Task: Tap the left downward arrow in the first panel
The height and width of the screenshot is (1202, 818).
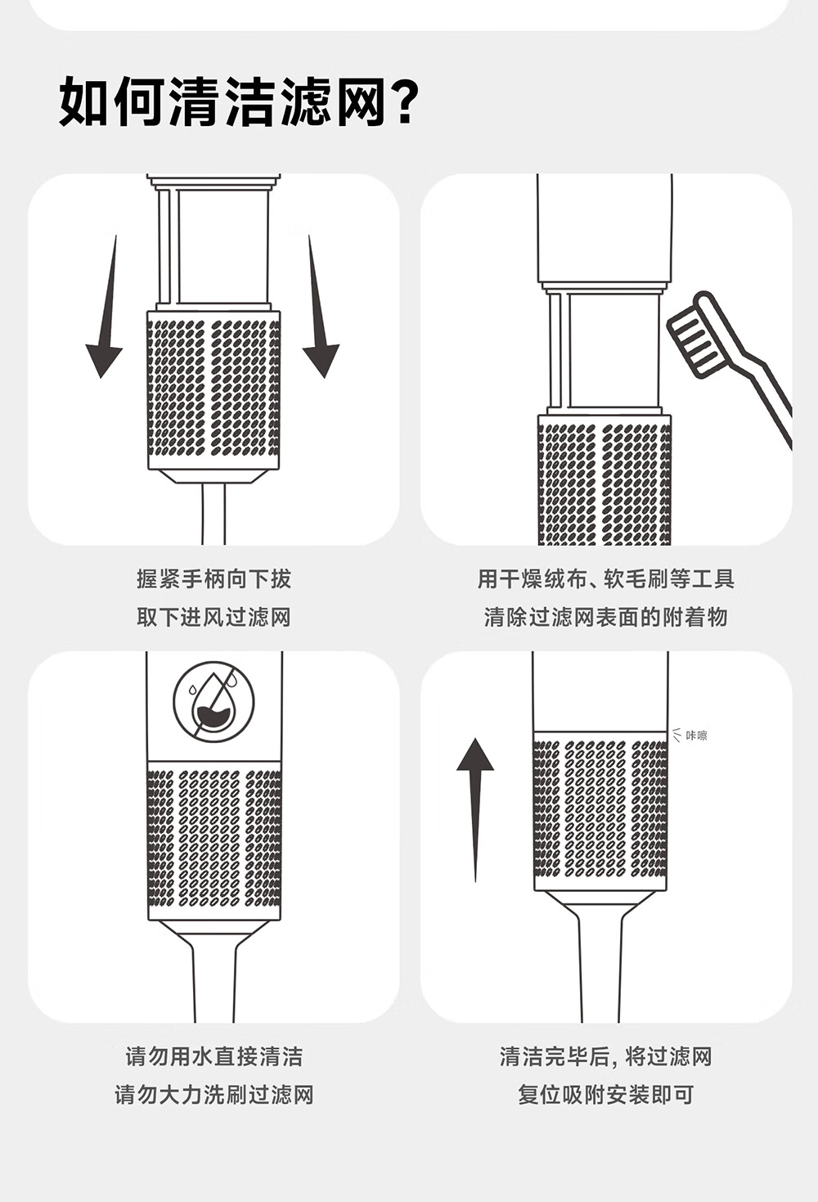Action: (106, 306)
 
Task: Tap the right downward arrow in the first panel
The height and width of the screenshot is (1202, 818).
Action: (319, 306)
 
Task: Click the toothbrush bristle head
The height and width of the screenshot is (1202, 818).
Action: (691, 335)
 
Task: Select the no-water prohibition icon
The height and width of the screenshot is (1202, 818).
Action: (214, 702)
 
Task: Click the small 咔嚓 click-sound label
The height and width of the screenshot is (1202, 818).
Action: (697, 735)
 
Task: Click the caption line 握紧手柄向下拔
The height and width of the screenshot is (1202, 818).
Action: (213, 579)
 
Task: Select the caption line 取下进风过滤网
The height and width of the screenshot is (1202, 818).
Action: (213, 617)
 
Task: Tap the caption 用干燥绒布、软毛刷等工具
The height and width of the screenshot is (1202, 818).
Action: (606, 579)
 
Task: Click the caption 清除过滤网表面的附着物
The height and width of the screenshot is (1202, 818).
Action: (606, 617)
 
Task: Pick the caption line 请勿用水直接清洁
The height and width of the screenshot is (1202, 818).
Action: (214, 1056)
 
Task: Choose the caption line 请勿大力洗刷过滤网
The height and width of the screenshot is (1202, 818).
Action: (214, 1095)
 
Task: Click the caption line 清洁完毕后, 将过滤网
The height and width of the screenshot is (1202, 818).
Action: (606, 1056)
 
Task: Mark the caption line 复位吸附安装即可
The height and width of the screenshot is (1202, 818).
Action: (606, 1095)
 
